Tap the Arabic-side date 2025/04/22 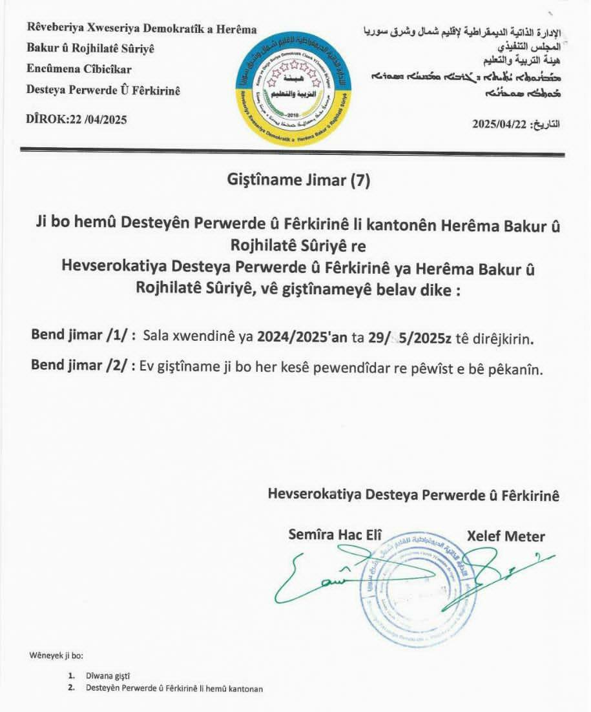(501, 124)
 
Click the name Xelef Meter (506, 536)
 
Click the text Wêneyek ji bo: (57, 655)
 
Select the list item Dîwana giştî (108, 676)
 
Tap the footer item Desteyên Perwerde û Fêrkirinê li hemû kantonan (174, 688)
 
